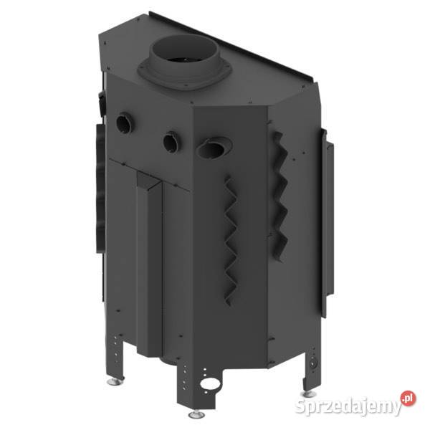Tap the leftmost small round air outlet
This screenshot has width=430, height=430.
[x=124, y=123]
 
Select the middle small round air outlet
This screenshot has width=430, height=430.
[x=171, y=142]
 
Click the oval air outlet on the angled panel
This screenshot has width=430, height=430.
[x=214, y=148]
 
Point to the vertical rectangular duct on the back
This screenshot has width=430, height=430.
[x=150, y=263]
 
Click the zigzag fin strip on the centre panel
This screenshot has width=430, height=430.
[x=230, y=240]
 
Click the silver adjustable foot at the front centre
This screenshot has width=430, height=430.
[x=196, y=413]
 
